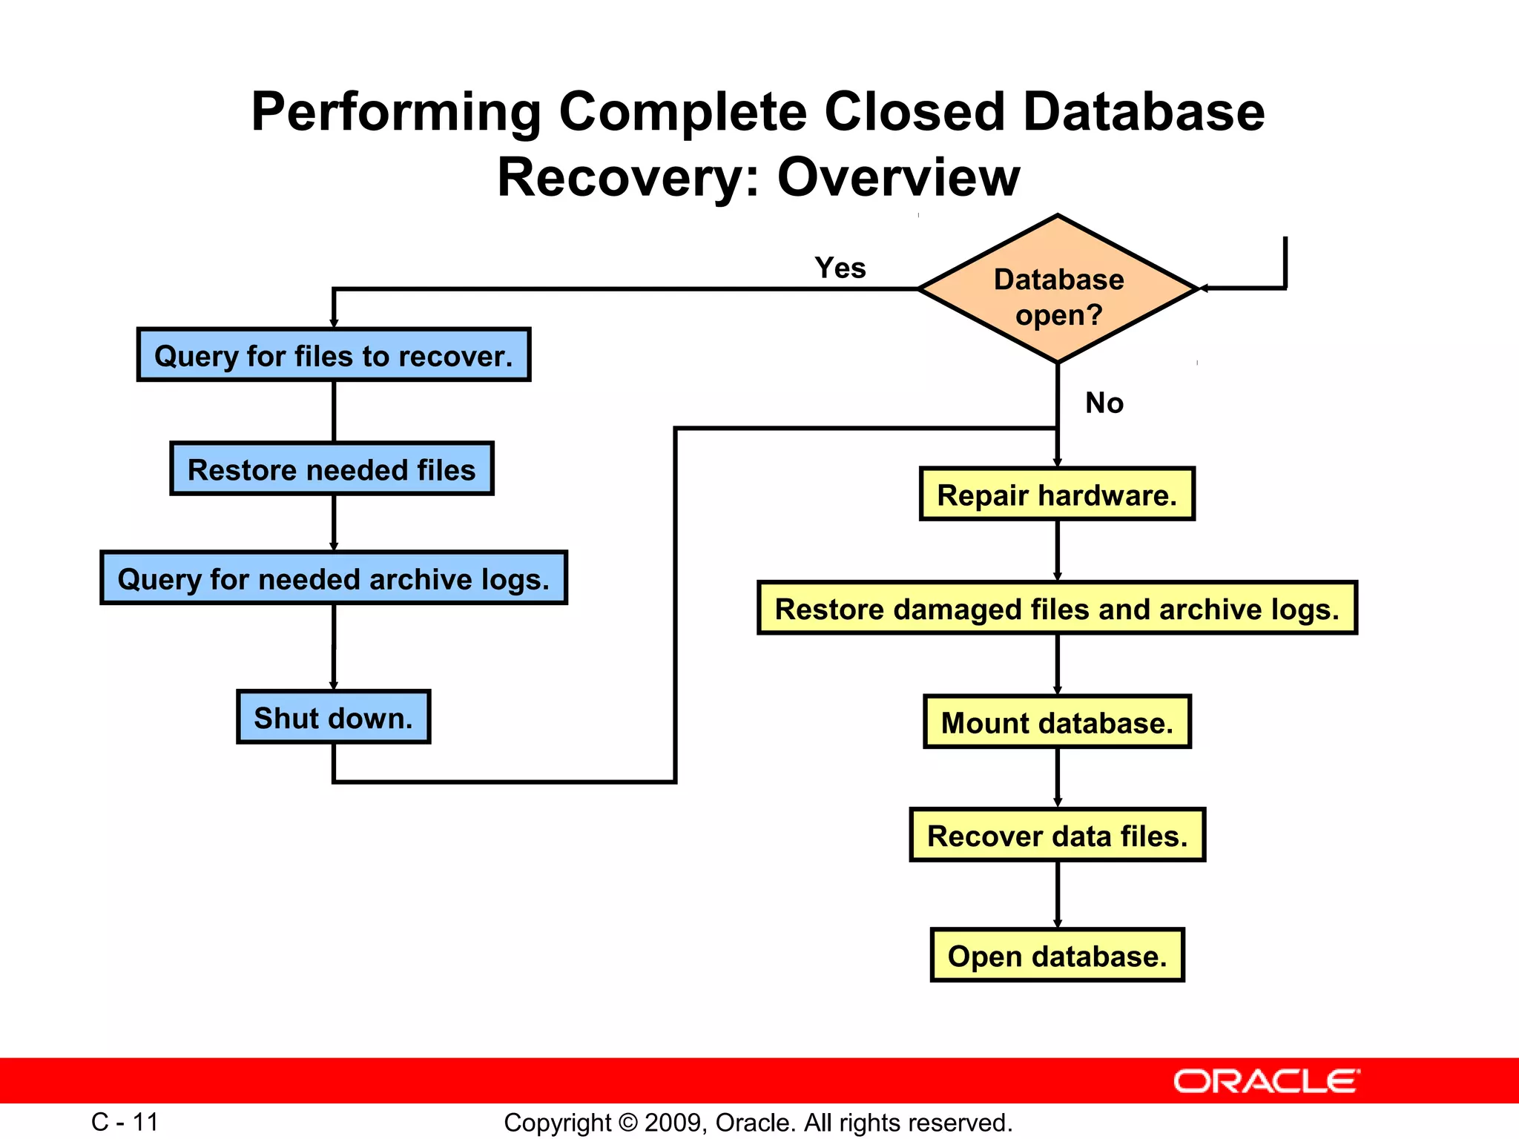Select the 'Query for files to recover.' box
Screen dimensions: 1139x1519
(334, 355)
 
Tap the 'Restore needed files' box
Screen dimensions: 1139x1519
(332, 469)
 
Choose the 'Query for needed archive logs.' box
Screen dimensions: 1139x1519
(334, 578)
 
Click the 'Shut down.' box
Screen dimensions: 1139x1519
(333, 718)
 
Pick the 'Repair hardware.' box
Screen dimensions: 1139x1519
(1057, 495)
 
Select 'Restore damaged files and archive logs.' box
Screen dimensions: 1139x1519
(1057, 609)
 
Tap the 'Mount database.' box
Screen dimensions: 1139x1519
(1057, 722)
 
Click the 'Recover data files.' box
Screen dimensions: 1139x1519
(1057, 836)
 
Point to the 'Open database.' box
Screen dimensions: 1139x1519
(1057, 956)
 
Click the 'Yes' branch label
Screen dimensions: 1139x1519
(840, 268)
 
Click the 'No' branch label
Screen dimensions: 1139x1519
(1104, 403)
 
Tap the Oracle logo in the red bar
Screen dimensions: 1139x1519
(1266, 1081)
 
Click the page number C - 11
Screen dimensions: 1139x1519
(125, 1122)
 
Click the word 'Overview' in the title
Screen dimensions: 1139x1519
(898, 178)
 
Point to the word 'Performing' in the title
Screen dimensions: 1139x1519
(396, 112)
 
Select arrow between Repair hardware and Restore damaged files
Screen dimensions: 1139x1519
(1058, 550)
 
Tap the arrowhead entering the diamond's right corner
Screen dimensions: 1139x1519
(1205, 288)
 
